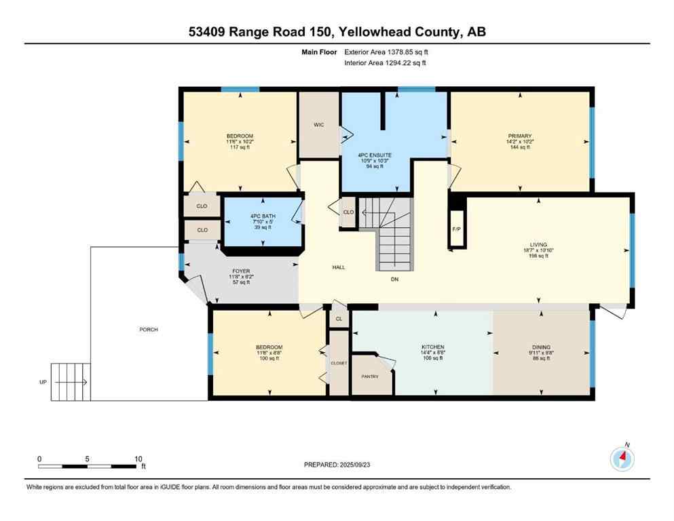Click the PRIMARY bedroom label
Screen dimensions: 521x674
point(519,136)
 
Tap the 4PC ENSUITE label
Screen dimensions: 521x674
point(375,155)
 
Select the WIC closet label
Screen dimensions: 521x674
point(319,125)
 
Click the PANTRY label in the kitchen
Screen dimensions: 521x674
point(369,376)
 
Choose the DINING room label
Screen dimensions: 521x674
point(541,347)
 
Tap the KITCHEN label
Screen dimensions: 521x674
point(432,347)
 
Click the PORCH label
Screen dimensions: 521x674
point(149,330)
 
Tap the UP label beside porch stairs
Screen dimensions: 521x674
point(43,383)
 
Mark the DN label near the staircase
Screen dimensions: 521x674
point(394,278)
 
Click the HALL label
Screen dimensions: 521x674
point(339,267)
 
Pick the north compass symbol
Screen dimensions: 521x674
point(622,459)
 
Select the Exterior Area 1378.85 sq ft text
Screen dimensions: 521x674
point(387,52)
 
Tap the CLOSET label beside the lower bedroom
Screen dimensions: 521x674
point(339,363)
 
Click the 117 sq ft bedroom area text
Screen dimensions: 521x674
point(240,147)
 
